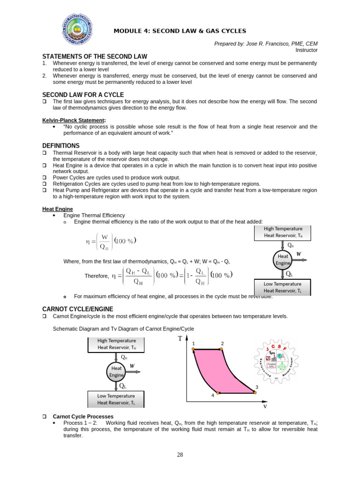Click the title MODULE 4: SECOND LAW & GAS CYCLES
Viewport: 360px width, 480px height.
pos(180,31)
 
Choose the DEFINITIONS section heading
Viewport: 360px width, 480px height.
pos(60,146)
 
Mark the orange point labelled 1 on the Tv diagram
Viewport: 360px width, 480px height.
pos(193,349)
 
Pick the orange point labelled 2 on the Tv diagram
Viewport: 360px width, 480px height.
pos(222,349)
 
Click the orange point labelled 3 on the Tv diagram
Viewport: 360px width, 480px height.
pos(255,393)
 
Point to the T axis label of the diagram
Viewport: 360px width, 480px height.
pos(179,338)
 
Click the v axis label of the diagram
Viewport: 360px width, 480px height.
pos(265,406)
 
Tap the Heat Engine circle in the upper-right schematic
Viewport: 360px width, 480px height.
pos(283,259)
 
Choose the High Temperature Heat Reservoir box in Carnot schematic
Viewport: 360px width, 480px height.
pos(116,344)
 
